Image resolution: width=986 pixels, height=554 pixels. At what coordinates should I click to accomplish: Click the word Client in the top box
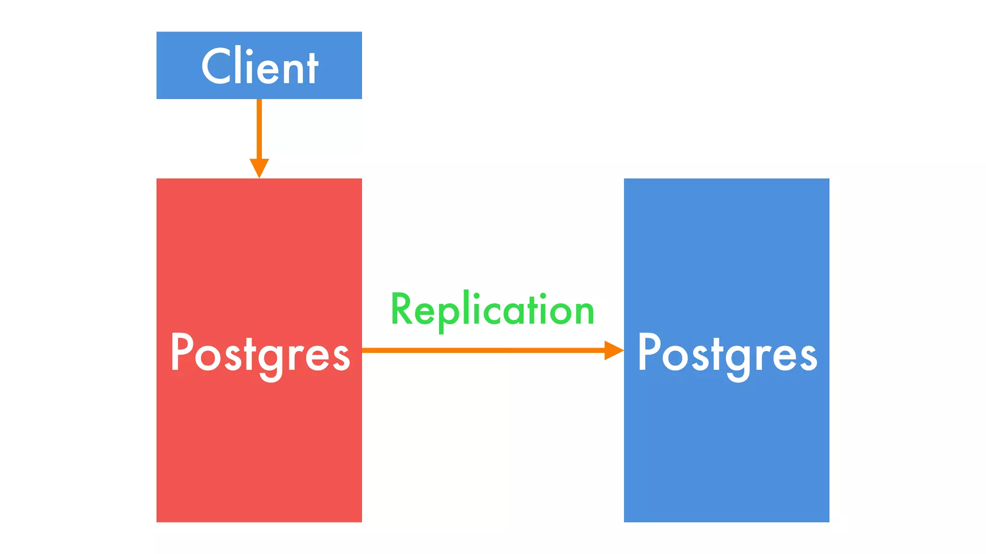(259, 67)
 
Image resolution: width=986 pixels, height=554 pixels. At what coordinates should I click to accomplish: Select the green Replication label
(492, 310)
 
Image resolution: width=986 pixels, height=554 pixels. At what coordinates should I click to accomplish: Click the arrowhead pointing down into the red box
(259, 167)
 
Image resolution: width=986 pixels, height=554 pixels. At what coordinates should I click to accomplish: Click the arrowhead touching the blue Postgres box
(613, 350)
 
